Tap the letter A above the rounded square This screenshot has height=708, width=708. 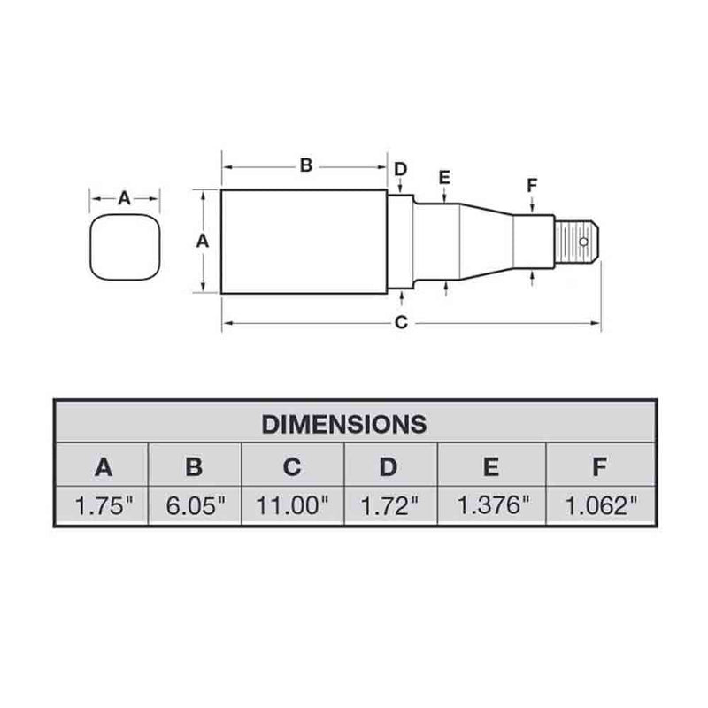pyautogui.click(x=124, y=199)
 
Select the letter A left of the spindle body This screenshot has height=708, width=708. pyautogui.click(x=201, y=240)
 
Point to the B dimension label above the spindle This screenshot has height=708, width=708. pyautogui.click(x=304, y=165)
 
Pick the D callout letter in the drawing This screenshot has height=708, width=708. pyautogui.click(x=400, y=169)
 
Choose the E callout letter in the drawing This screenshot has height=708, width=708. pyautogui.click(x=444, y=178)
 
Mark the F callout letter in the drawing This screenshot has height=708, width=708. pyautogui.click(x=531, y=185)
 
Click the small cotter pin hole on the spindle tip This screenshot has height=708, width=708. pyautogui.click(x=583, y=240)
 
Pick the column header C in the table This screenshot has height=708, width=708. pyautogui.click(x=293, y=466)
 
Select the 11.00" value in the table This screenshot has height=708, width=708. pyautogui.click(x=293, y=506)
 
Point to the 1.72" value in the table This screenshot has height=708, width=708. pyautogui.click(x=390, y=506)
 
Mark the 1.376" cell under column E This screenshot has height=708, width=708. pyautogui.click(x=492, y=506)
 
